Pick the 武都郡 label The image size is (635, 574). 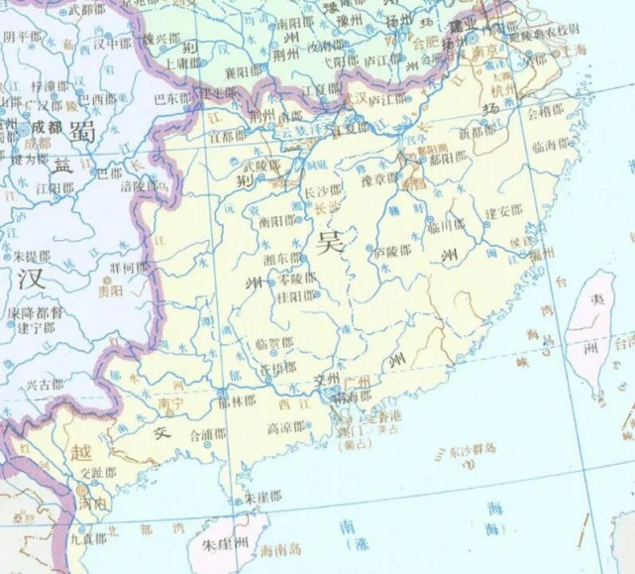(89, 10)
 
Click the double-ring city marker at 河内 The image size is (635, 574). (80, 490)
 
